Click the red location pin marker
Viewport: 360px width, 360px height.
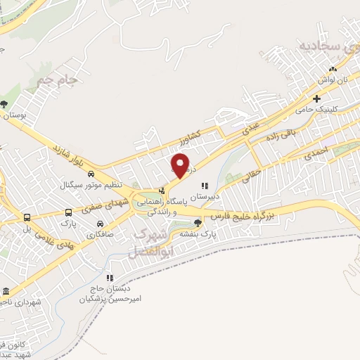(181, 166)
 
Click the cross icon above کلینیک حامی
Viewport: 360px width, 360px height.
(317, 98)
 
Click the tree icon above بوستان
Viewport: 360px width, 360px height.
(5, 103)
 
